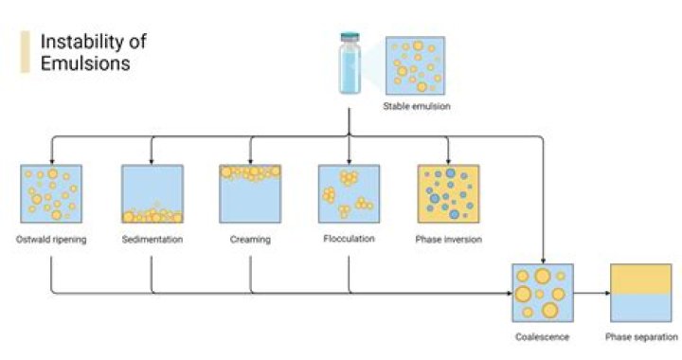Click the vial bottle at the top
tap(350, 63)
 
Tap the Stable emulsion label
tap(417, 106)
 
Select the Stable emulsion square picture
tap(416, 66)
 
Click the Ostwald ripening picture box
tap(50, 194)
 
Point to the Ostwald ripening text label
tap(51, 240)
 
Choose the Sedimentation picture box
tap(152, 194)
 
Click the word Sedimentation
tap(152, 240)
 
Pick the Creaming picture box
tap(250, 194)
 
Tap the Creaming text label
tap(250, 240)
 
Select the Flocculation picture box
tap(349, 194)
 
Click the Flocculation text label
tap(349, 239)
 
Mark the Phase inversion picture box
tap(448, 194)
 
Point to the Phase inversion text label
tap(448, 240)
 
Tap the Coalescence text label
tap(542, 337)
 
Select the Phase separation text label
tap(641, 337)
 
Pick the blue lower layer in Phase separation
tap(641, 309)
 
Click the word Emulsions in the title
tap(84, 64)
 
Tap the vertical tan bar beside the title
tap(25, 53)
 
